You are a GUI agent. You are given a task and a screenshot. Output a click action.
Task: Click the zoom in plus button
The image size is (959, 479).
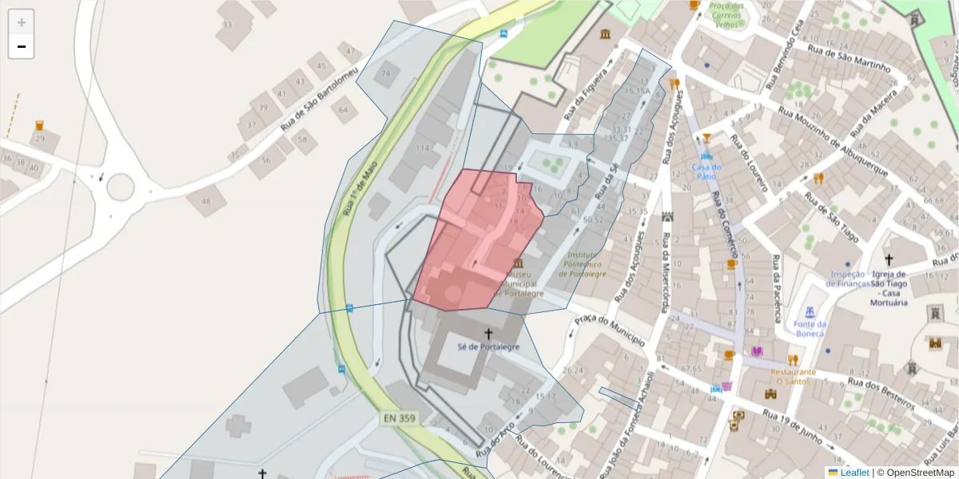click(x=22, y=22)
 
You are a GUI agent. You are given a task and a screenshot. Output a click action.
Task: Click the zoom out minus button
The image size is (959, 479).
click(x=22, y=46)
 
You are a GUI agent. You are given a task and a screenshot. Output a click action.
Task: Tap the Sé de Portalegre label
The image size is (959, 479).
click(x=488, y=347)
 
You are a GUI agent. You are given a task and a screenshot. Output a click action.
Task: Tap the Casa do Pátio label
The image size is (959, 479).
click(x=706, y=172)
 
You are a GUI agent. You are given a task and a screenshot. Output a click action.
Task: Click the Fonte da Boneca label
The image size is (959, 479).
click(x=810, y=328)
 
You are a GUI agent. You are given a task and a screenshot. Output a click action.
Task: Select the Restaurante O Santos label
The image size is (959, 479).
click(x=794, y=377)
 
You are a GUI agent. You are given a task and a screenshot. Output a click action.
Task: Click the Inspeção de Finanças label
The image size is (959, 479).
click(x=850, y=279)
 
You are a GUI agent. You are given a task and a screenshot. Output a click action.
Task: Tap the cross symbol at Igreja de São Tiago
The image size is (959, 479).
click(x=888, y=260)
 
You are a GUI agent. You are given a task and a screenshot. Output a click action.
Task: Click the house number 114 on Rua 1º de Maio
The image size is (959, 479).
click(x=423, y=148)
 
